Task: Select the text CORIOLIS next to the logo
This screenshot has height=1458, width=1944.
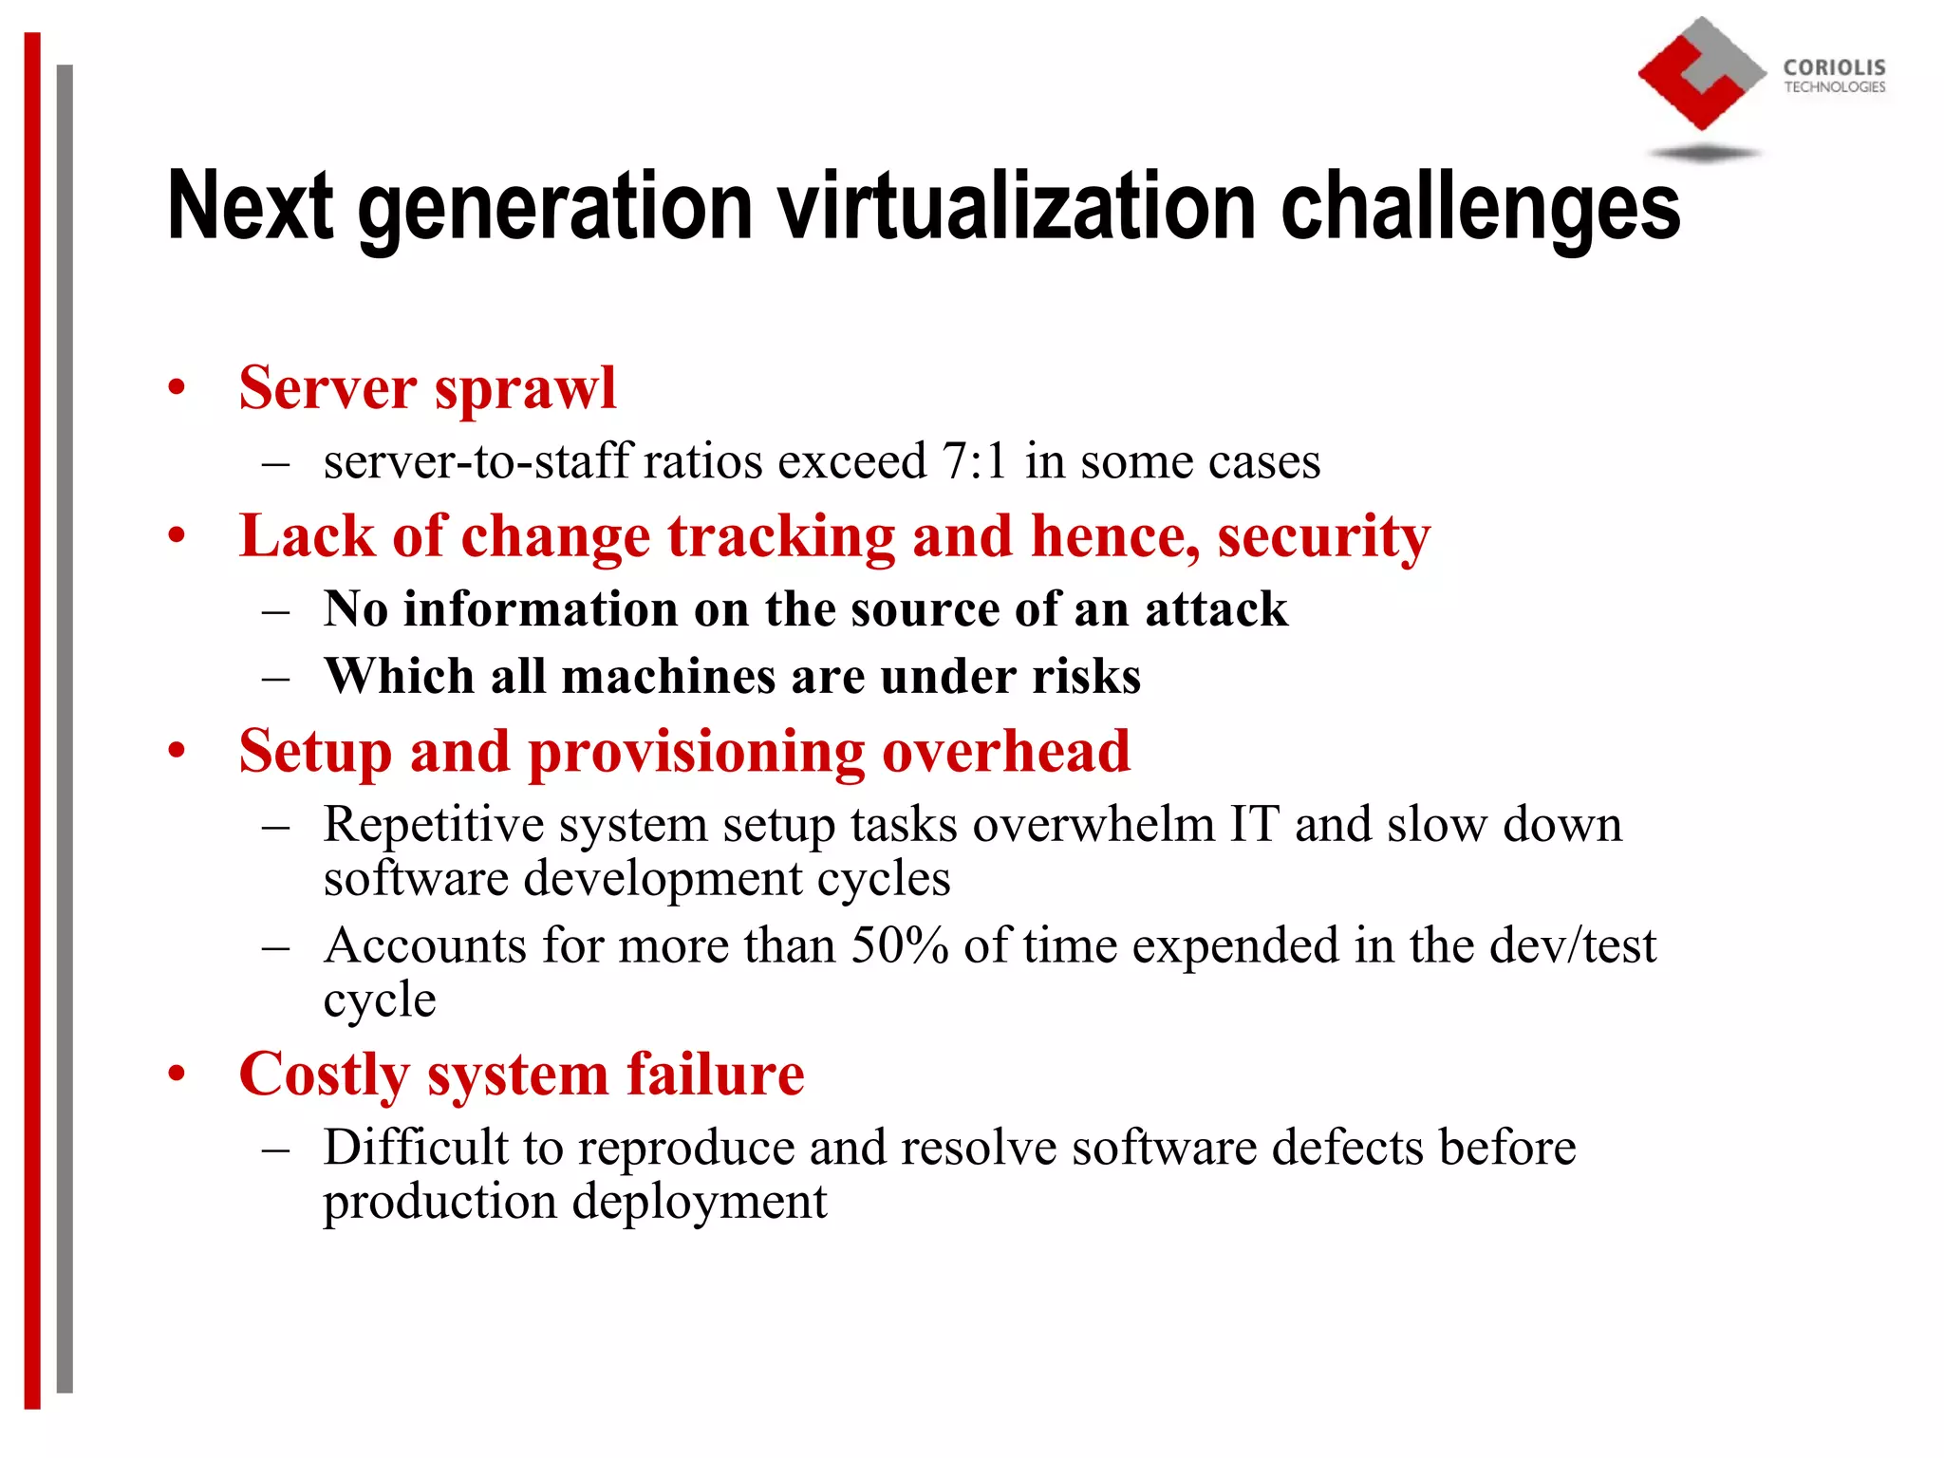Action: pyautogui.click(x=1834, y=67)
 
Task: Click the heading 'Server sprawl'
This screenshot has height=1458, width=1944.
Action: pyautogui.click(x=427, y=389)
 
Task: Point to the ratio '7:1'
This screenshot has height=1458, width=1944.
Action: pyautogui.click(x=975, y=462)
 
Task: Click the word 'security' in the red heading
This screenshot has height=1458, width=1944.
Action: pyautogui.click(x=1323, y=537)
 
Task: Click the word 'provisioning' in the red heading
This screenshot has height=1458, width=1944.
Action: pyautogui.click(x=696, y=752)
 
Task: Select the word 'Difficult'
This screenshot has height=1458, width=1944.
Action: pyautogui.click(x=416, y=1147)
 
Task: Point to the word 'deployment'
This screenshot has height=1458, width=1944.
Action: pyautogui.click(x=700, y=1202)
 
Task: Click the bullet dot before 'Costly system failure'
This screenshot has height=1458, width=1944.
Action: pyautogui.click(x=177, y=1075)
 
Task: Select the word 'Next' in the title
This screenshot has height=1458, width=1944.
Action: pyautogui.click(x=250, y=206)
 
